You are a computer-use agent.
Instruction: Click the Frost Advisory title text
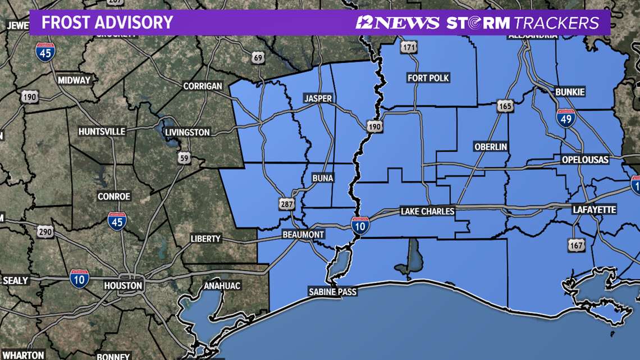click(x=107, y=22)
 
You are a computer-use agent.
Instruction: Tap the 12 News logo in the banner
click(x=397, y=22)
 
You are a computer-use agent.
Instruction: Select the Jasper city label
click(x=318, y=98)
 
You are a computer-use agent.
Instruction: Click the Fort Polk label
click(x=429, y=78)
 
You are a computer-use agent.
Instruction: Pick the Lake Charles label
click(x=427, y=211)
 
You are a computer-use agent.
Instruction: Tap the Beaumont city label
click(x=303, y=234)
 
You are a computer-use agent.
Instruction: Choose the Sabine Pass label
click(x=332, y=291)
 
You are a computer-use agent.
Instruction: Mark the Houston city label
click(x=123, y=285)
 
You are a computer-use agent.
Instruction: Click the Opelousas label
click(x=585, y=160)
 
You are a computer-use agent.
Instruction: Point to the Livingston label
click(x=188, y=133)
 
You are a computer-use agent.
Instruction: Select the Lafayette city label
click(x=594, y=209)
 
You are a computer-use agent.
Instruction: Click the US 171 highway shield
click(x=409, y=47)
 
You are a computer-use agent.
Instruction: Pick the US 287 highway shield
click(x=286, y=203)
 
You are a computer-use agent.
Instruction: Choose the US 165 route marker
click(x=505, y=106)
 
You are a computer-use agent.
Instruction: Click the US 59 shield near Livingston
click(x=184, y=158)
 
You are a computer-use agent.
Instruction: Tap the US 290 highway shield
click(x=45, y=231)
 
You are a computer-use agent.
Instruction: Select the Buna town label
click(x=322, y=178)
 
